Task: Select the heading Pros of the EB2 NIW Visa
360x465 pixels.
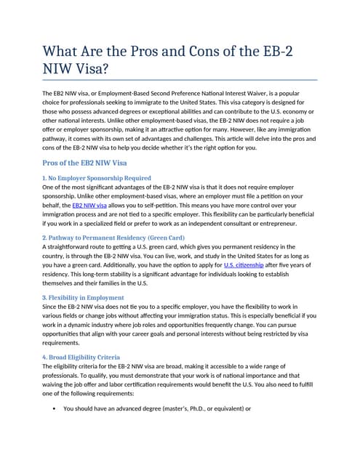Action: click(85, 163)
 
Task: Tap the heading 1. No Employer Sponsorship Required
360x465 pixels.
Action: click(97, 178)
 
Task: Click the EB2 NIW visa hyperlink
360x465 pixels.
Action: click(89, 206)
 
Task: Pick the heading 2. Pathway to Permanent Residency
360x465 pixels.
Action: click(113, 238)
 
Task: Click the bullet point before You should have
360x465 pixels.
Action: click(55, 409)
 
